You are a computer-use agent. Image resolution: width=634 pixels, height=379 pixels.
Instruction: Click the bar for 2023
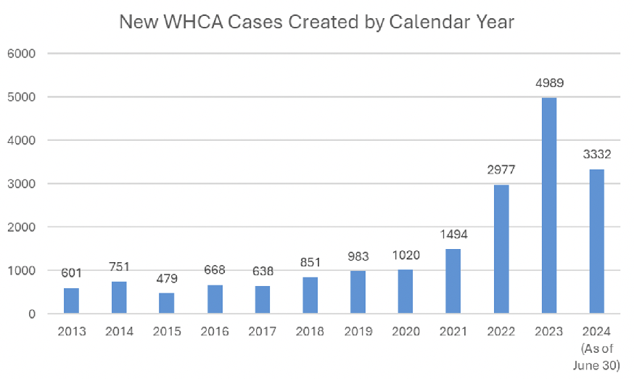(548, 205)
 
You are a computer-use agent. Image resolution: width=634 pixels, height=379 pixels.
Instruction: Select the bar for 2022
(501, 249)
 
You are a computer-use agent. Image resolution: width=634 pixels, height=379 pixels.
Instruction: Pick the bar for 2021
(453, 281)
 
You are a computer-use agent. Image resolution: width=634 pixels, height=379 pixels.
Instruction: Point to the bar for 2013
(71, 301)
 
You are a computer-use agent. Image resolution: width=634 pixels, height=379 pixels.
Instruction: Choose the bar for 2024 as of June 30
(596, 241)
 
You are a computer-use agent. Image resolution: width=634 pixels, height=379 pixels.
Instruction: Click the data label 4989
(548, 83)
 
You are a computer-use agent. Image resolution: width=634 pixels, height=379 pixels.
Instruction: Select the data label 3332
(596, 155)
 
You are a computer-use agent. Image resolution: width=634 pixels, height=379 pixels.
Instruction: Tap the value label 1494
(453, 235)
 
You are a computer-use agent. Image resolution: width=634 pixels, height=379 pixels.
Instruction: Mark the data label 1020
(405, 256)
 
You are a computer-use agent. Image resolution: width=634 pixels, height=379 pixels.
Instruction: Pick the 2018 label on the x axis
(310, 332)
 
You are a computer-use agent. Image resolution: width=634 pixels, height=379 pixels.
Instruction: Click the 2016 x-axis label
(215, 332)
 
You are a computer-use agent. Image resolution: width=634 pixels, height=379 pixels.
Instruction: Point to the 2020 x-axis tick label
(405, 332)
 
